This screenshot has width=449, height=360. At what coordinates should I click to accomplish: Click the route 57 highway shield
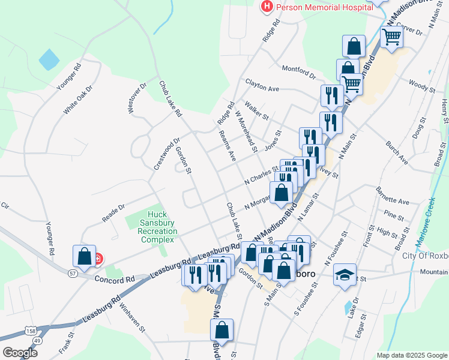coord(73,274)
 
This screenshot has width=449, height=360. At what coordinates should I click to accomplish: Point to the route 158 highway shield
coord(30,331)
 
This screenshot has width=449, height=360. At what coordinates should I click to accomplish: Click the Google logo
coord(19,353)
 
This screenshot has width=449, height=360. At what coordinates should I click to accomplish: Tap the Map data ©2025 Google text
coord(411,355)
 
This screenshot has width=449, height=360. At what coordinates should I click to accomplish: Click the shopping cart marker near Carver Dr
coord(391,37)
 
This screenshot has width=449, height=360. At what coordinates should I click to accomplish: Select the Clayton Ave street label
coord(262,85)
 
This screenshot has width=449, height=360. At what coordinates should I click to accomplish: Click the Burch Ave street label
coord(397,154)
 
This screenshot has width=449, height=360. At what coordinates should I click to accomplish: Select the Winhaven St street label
coord(133,317)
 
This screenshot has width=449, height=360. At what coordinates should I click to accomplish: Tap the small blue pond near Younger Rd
coord(49,59)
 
